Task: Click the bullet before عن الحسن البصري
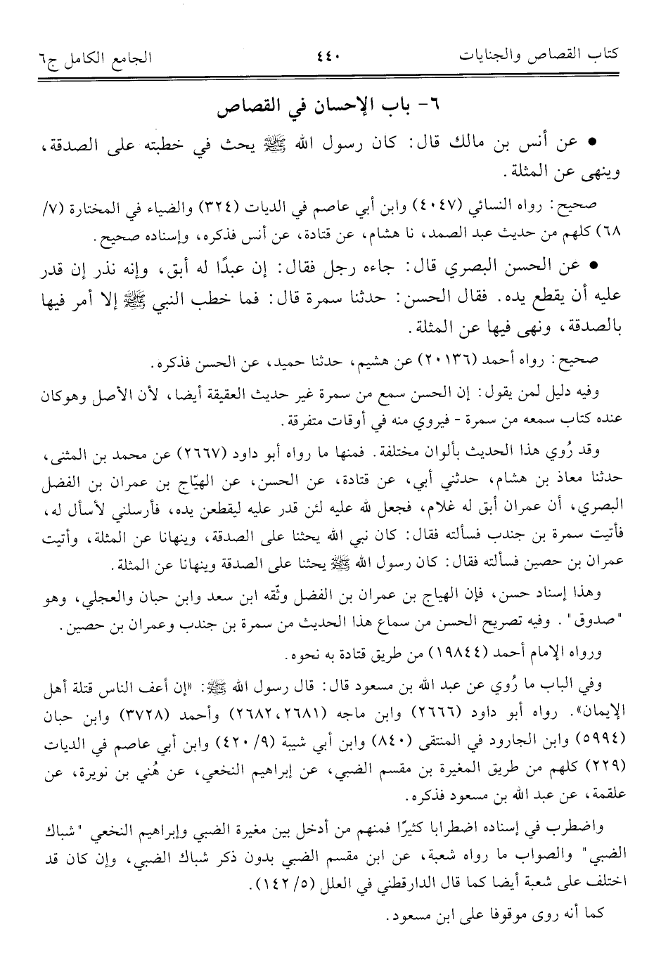click(x=591, y=268)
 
